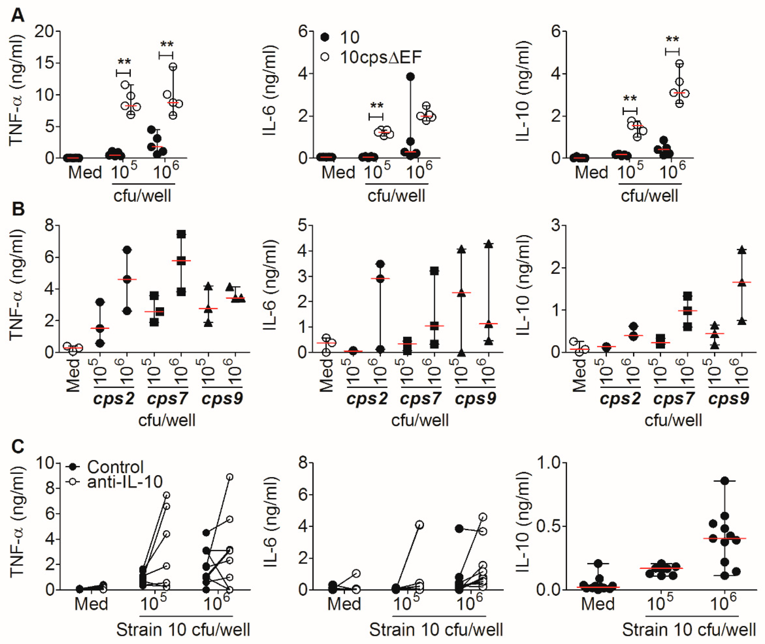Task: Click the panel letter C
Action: tap(18, 446)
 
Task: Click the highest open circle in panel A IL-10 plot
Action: tap(679, 64)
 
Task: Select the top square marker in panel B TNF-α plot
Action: tap(181, 234)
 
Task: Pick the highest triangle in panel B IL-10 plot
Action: tap(742, 250)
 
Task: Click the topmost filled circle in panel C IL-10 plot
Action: tap(724, 481)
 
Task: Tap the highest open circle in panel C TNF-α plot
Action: tap(230, 477)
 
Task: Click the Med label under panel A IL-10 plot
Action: tap(591, 172)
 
